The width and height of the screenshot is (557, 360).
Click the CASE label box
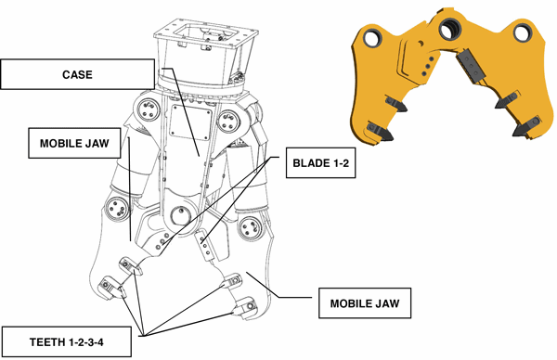[x=77, y=74]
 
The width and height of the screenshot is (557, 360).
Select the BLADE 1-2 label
[x=320, y=163]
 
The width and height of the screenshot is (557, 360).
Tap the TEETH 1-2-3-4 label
[x=67, y=341]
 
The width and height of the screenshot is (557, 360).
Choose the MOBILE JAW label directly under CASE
[x=74, y=143]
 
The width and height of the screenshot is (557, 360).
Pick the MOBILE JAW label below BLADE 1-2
[x=365, y=303]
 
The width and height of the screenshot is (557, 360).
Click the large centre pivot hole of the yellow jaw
[x=450, y=29]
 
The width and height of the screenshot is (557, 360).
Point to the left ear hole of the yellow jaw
[x=371, y=37]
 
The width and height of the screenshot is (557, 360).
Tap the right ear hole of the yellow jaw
[x=523, y=32]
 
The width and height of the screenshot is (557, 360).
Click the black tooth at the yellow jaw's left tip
[x=380, y=131]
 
